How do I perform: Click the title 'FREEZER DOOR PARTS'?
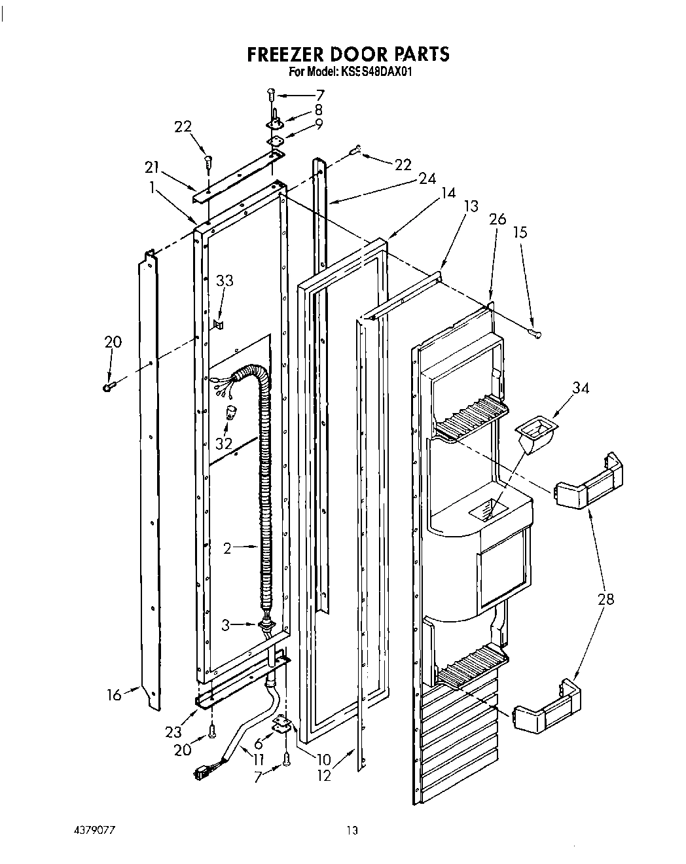[348, 54]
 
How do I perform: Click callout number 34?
[580, 389]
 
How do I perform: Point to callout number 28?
[606, 598]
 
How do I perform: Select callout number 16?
[115, 694]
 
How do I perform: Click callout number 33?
[225, 281]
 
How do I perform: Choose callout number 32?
[225, 442]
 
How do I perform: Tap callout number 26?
[497, 220]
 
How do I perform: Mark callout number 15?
[520, 232]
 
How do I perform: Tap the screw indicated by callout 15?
[536, 334]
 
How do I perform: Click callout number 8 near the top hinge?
[319, 109]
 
